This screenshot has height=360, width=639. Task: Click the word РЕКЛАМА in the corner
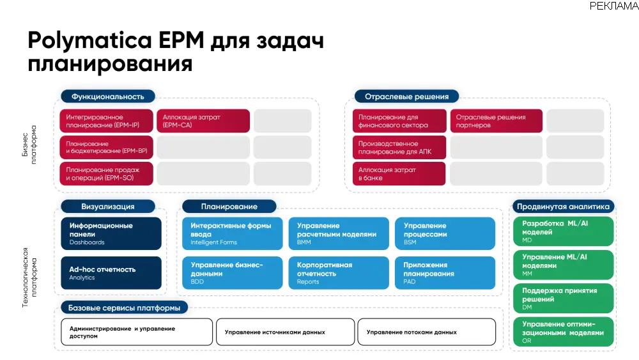[613, 6]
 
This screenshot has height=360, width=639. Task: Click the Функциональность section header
[108, 97]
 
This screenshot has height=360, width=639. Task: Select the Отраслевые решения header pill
[406, 97]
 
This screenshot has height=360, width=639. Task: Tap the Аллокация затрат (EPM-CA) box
[203, 121]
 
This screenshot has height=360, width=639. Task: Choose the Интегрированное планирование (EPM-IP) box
[107, 121]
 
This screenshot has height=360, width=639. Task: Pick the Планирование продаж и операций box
[107, 174]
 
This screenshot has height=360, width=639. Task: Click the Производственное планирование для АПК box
[399, 148]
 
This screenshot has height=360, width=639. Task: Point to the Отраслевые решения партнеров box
[497, 121]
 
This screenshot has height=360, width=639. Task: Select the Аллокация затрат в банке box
[399, 174]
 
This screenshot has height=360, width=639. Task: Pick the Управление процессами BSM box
[445, 233]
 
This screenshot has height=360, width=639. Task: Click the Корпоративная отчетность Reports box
[338, 273]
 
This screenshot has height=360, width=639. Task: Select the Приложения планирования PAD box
[445, 273]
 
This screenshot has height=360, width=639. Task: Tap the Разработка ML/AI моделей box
[563, 231]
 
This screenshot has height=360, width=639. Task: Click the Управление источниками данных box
[284, 332]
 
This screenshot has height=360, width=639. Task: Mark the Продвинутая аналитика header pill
[563, 207]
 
